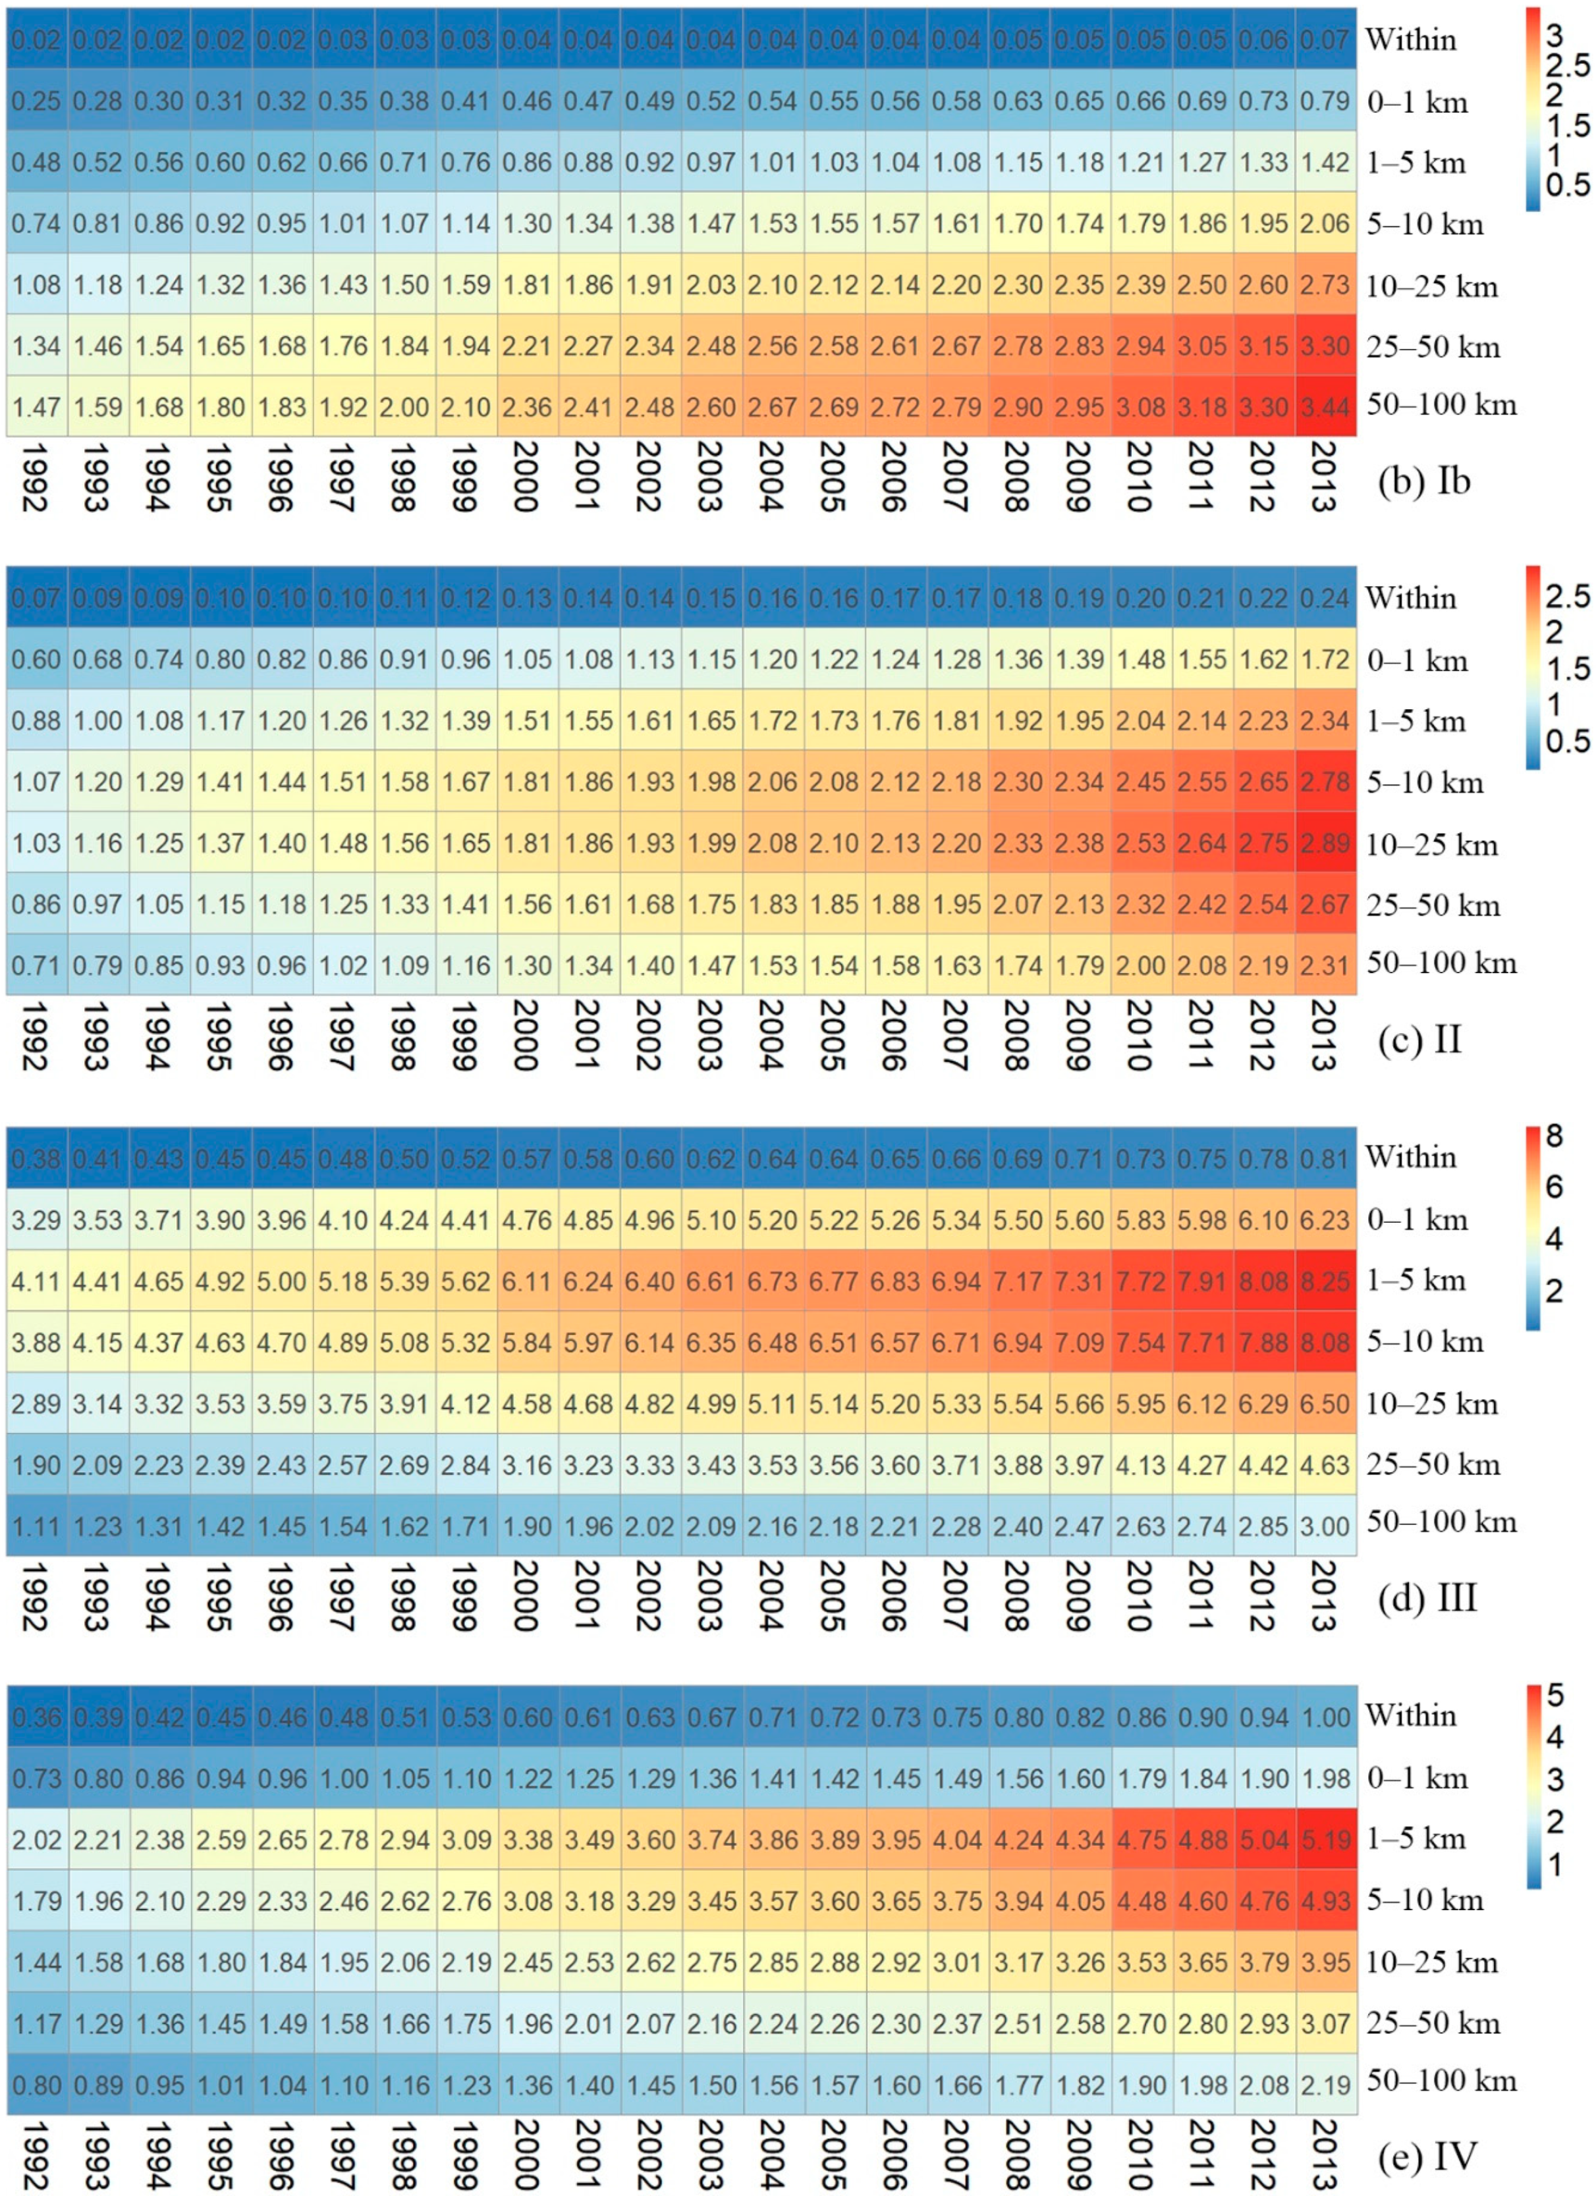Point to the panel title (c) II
pos(1419,1040)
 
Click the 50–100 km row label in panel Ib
pos(1441,405)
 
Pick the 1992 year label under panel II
pos(35,1036)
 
